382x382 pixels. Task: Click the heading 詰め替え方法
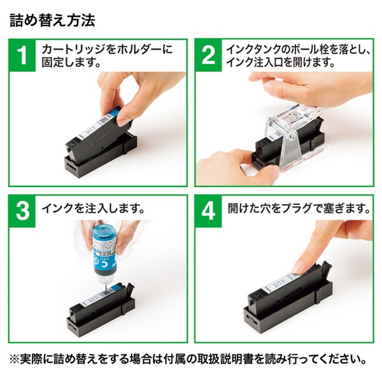tap(53, 20)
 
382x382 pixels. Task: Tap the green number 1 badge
tap(23, 55)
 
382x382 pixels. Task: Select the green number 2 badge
tap(209, 55)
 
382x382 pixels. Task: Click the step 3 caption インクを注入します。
tap(93, 209)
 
